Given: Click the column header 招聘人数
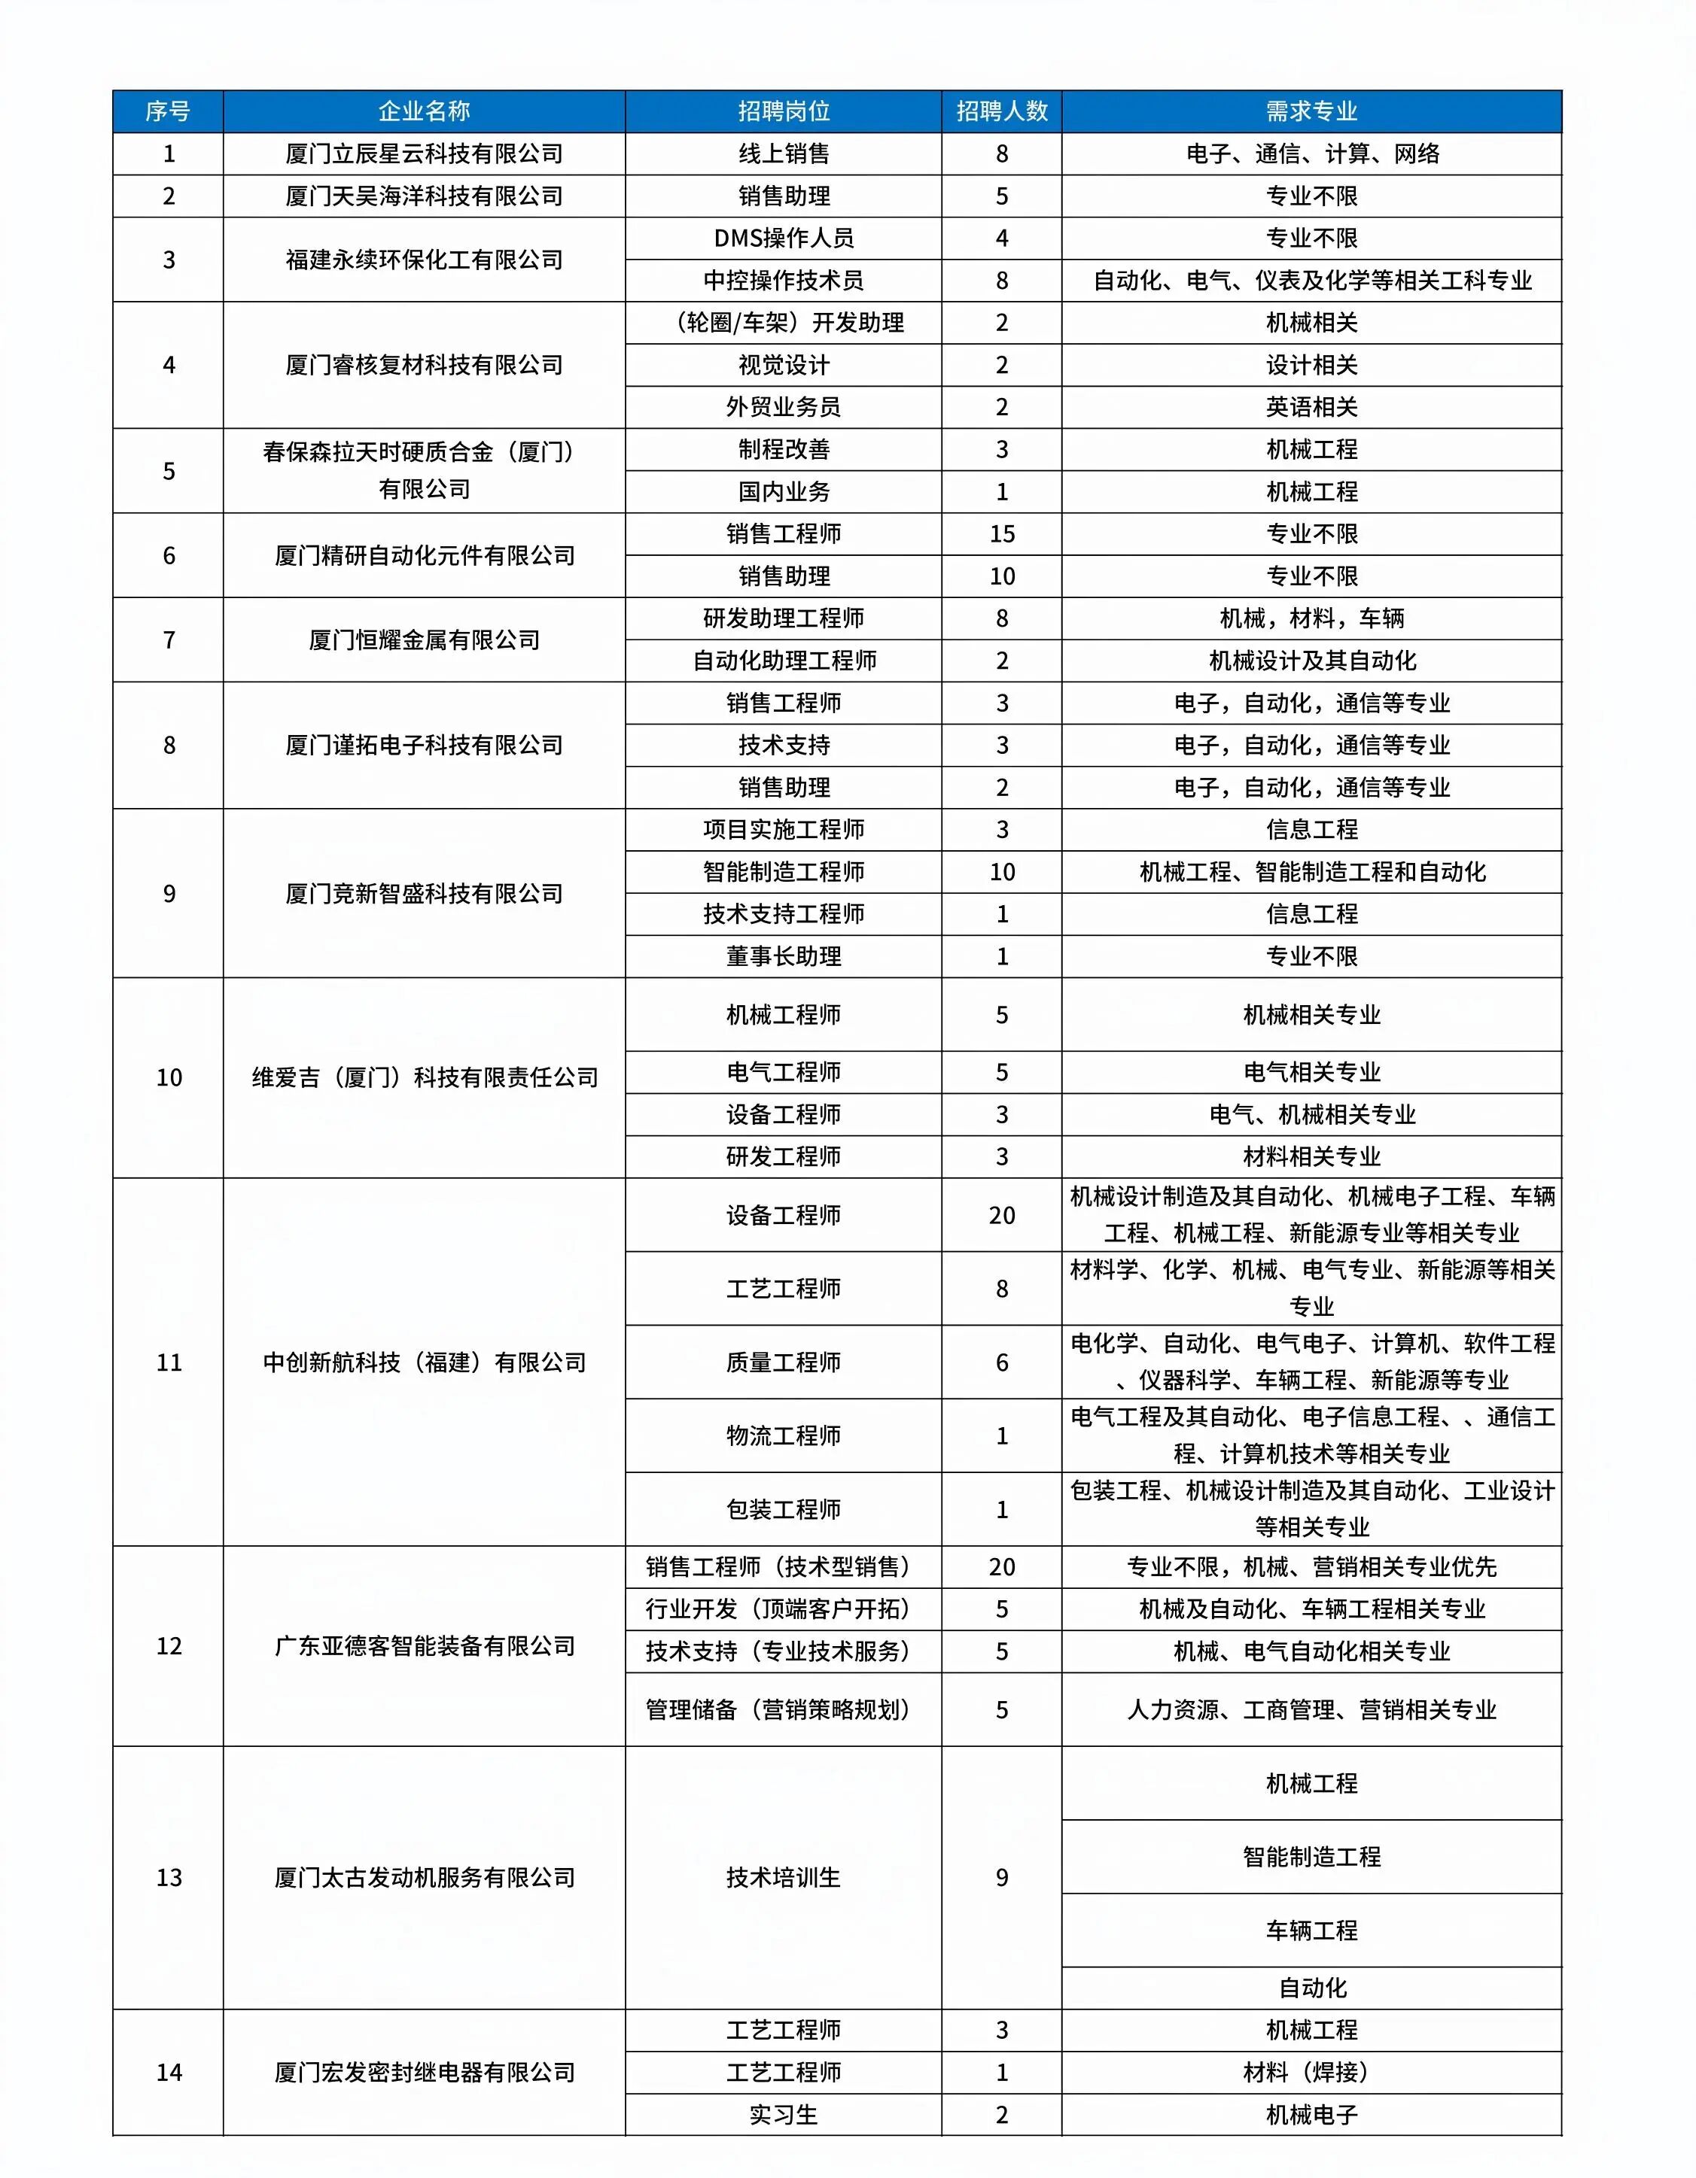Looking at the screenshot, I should pos(1002,111).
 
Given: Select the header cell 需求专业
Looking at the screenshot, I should pos(1311,111).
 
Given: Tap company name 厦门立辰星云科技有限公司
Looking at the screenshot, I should pos(424,153).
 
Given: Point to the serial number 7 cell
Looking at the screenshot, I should pos(169,640).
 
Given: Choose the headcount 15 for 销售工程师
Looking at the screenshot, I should pos(1002,533).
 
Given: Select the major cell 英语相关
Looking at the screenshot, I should pos(1311,407).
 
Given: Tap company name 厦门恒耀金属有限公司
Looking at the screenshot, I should pos(424,640).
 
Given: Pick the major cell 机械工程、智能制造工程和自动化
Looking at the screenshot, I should pos(1311,872).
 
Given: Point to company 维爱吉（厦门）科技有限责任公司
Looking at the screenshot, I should pos(424,1077).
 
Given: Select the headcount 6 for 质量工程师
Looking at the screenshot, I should pos(1002,1362).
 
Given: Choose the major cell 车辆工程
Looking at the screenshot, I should pos(1311,1930).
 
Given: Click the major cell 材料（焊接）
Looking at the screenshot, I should pos(1311,2072).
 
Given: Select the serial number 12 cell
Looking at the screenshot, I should pos(169,1645).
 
